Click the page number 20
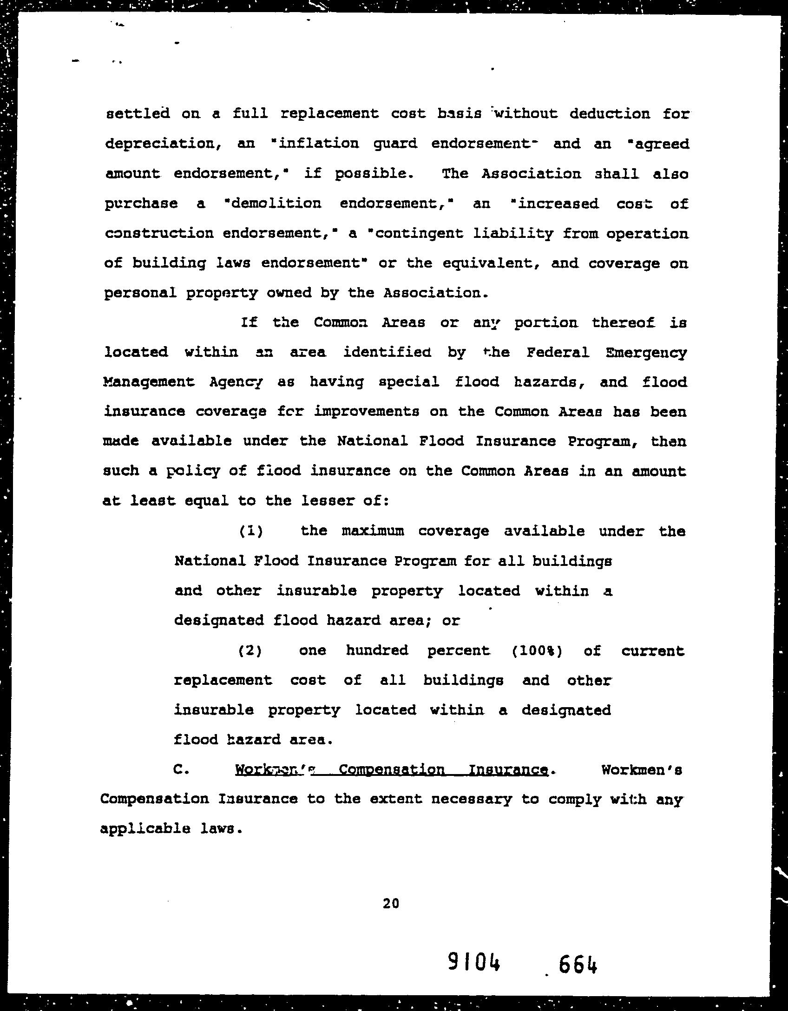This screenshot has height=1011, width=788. (x=391, y=903)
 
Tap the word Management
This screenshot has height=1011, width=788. (x=148, y=381)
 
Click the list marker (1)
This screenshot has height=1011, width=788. (x=251, y=531)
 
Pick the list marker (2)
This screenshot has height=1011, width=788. (x=250, y=650)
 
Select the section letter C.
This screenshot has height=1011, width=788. (x=181, y=769)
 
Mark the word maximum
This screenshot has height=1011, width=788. (x=373, y=531)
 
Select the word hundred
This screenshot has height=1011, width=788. (x=377, y=650)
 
